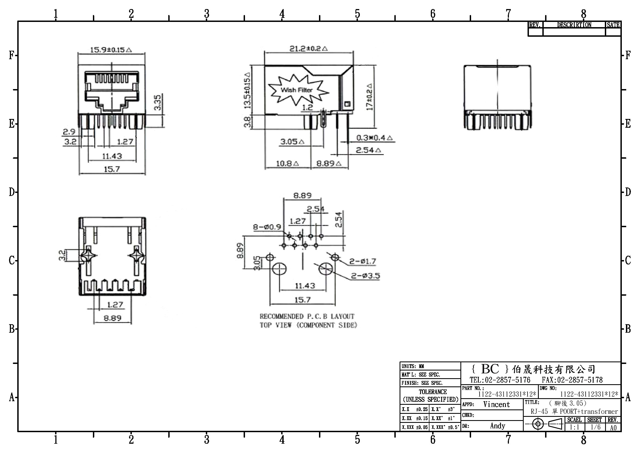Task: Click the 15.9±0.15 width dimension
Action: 111,50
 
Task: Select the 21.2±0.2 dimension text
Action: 309,49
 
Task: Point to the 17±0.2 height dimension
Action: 370,96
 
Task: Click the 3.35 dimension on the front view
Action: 158,102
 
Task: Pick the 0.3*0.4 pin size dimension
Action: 374,138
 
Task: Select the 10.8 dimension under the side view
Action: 287,163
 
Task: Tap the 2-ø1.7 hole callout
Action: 363,261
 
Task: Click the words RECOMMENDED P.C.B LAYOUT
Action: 307,316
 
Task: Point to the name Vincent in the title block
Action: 496,404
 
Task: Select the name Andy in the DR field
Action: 497,426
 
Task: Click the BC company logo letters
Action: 490,369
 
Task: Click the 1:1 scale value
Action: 574,427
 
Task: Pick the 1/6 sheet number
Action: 596,427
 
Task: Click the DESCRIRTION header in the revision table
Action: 574,25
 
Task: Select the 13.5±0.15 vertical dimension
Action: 247,90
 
